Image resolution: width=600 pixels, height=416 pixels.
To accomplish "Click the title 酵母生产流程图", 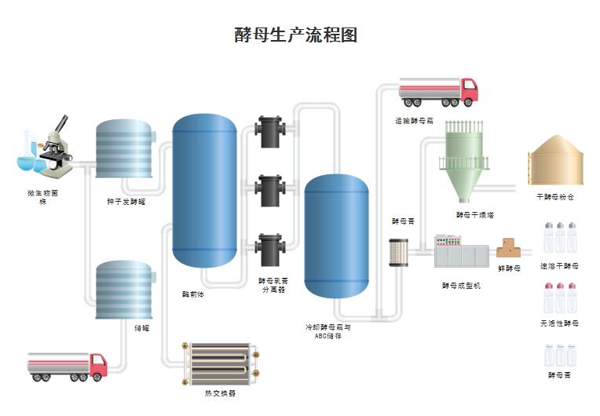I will point(296,35).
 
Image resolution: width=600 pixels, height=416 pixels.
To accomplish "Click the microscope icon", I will point(49,149).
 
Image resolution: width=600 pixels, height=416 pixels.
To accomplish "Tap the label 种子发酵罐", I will point(126,202).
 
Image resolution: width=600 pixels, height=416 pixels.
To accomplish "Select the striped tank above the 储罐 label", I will point(125,290).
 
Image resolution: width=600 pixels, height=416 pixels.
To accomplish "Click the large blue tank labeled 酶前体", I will point(205,192).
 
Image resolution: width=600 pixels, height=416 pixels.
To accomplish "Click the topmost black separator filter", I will point(270,132).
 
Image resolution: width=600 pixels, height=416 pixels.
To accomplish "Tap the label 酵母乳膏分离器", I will point(273,284).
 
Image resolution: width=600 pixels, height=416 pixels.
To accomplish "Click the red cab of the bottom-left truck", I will point(97,365).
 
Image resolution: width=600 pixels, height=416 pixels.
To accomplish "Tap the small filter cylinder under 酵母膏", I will point(397,253).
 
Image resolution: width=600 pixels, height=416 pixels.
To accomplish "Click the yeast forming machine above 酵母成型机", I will point(461,251).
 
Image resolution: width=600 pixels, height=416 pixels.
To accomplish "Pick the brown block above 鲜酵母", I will point(509,249).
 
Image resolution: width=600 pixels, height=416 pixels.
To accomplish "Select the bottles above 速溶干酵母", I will point(560,238).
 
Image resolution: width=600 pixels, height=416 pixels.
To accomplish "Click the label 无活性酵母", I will point(559,323).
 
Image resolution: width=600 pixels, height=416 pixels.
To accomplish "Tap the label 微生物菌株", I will point(42,196).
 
